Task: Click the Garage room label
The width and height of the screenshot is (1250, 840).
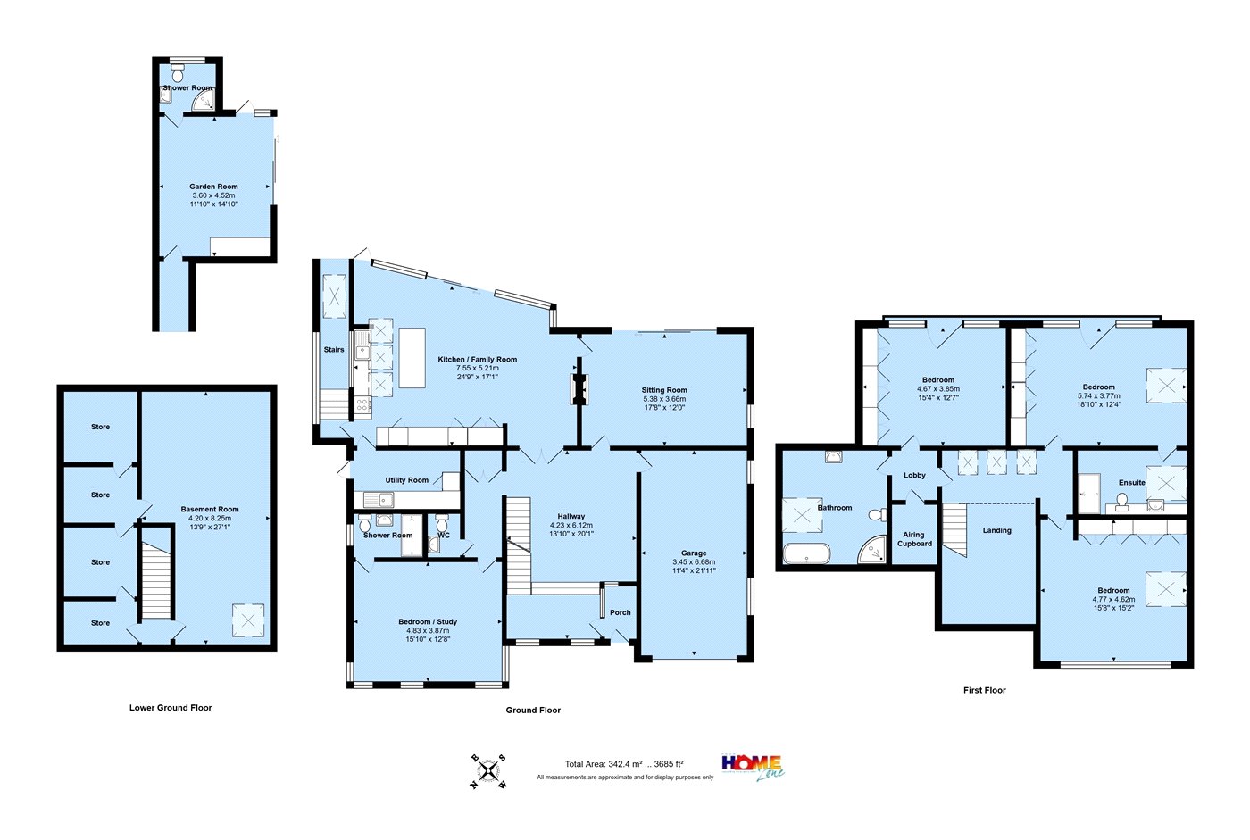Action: tap(694, 553)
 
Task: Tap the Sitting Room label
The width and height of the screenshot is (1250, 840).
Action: tap(664, 390)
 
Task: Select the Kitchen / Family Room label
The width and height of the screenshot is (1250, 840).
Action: tap(477, 359)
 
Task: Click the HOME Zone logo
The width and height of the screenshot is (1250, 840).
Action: tap(754, 768)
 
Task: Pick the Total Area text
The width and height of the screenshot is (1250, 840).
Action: tap(624, 764)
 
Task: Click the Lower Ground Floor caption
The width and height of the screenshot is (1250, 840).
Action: tap(171, 707)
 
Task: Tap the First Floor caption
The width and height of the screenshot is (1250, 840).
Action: tap(984, 690)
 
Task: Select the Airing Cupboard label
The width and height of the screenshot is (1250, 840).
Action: tap(914, 539)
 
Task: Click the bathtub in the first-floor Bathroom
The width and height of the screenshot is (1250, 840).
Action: tap(807, 553)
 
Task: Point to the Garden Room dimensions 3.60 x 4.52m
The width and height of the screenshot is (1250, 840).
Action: tap(213, 195)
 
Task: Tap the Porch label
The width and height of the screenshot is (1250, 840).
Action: tap(620, 611)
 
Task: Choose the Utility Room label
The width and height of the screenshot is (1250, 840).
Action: tap(407, 479)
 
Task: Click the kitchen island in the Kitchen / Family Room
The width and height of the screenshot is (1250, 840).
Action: tap(412, 358)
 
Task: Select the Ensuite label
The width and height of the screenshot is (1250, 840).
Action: tap(1132, 482)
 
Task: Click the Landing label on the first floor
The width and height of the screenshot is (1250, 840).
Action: tap(996, 530)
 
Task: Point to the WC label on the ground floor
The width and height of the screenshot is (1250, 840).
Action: tap(444, 535)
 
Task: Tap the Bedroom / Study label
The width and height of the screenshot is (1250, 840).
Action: tap(428, 621)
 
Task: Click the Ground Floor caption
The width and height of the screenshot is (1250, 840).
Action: tap(533, 710)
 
